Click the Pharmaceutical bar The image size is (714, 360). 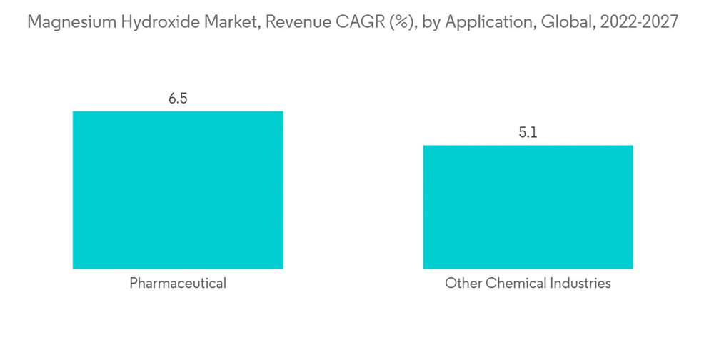(178, 190)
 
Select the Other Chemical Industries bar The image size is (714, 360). (528, 207)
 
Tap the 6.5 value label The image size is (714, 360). (178, 99)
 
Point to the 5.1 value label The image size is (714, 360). (528, 133)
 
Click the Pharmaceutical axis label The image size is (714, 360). (178, 284)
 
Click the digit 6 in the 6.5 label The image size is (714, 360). (172, 99)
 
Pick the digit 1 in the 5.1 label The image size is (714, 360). (534, 133)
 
